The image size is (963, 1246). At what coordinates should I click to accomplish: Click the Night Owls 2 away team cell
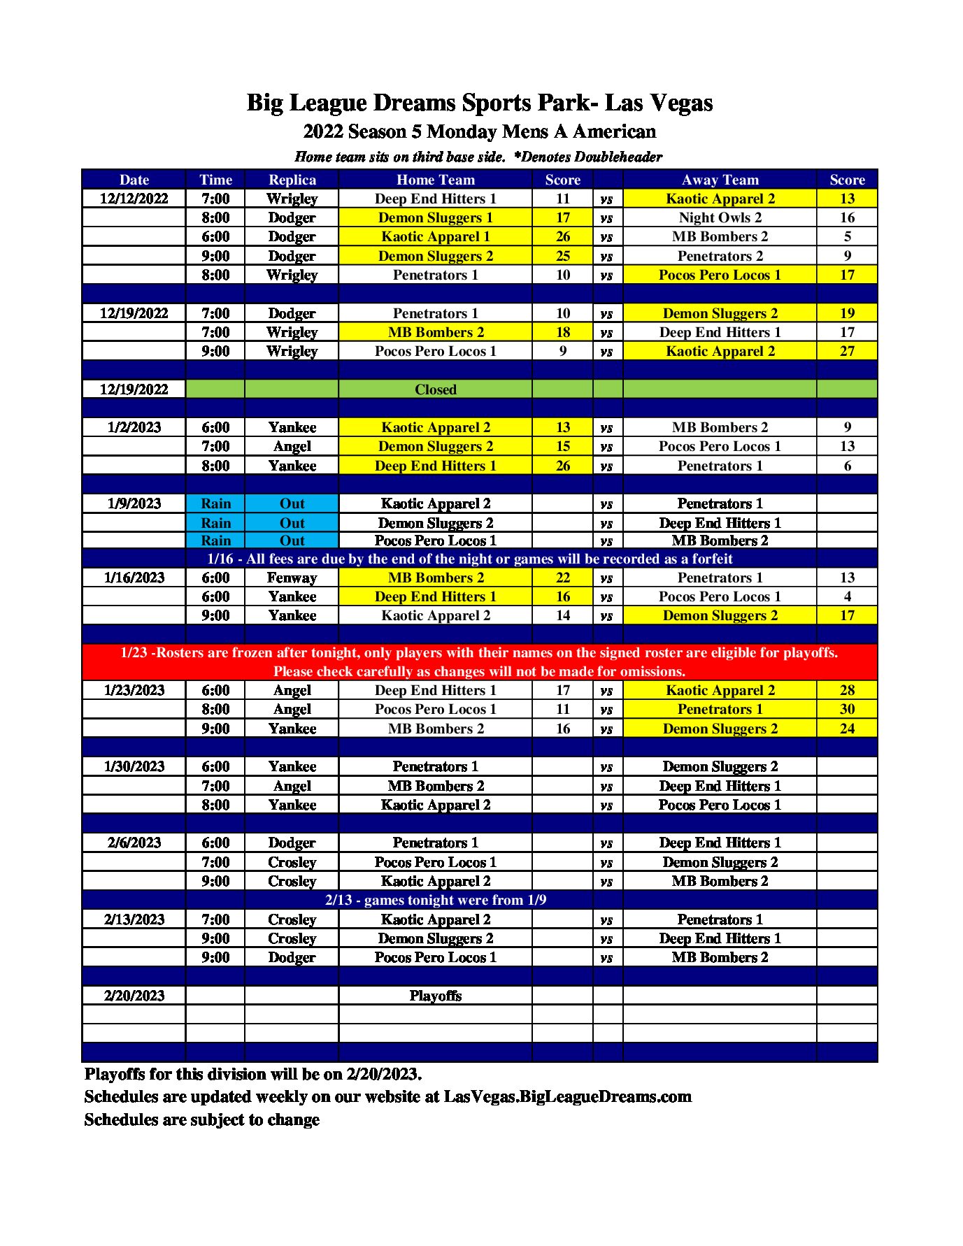(x=720, y=217)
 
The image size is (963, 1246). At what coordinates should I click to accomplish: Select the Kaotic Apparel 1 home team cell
(x=435, y=236)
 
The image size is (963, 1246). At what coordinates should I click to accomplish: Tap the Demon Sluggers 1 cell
(x=435, y=217)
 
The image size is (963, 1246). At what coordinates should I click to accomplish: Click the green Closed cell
(x=435, y=389)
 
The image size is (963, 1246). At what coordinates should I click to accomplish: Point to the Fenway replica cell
(x=292, y=578)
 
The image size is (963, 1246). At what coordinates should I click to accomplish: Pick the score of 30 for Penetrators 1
(x=846, y=709)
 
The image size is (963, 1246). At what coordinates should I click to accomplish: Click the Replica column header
(x=292, y=180)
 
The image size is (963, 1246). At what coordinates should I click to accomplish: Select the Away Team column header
(x=720, y=180)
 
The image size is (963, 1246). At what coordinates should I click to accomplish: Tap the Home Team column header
(x=435, y=180)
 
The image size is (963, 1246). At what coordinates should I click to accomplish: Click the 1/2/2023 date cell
(x=134, y=427)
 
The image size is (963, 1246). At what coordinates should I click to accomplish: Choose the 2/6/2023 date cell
(x=134, y=843)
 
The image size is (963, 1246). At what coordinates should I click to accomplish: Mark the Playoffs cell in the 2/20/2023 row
(x=435, y=996)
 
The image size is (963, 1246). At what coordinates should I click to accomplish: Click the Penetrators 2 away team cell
(x=720, y=256)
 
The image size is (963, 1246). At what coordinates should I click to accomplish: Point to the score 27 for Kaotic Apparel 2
(x=846, y=351)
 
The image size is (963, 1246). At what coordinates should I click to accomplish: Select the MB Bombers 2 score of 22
(x=562, y=578)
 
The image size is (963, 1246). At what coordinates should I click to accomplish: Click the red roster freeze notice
(x=479, y=661)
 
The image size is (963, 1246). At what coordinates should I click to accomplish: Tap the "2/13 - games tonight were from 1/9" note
(x=435, y=900)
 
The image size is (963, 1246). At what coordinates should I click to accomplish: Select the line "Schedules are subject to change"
(x=201, y=1119)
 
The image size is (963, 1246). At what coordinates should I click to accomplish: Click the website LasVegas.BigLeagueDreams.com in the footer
(x=567, y=1096)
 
